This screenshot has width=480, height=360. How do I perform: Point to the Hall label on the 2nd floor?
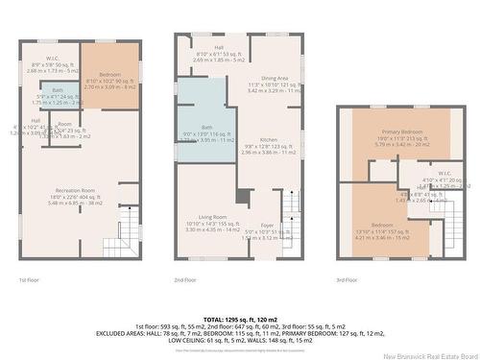[218, 48]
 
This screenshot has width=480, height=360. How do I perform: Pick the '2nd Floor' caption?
[186, 279]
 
